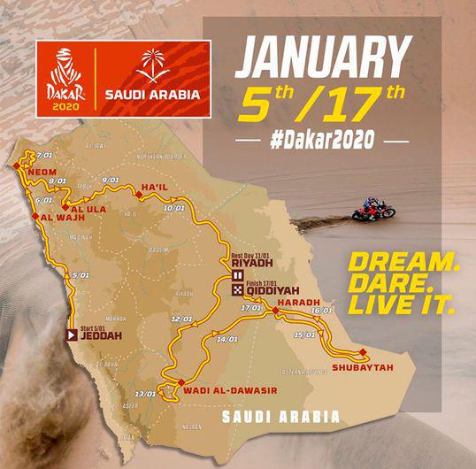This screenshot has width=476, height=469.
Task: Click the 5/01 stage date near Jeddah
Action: point(81,275)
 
